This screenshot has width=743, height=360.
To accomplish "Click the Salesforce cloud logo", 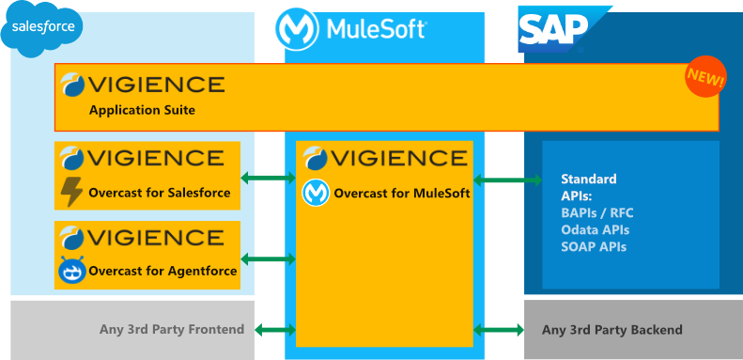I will (x=42, y=28).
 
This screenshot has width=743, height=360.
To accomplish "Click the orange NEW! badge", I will (x=704, y=80).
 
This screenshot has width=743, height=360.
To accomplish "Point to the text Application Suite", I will (x=142, y=110).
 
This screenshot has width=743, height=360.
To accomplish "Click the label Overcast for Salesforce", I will (x=159, y=193).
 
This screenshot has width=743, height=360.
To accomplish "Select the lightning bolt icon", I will (x=71, y=192).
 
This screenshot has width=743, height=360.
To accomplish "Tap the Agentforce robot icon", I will (x=71, y=273).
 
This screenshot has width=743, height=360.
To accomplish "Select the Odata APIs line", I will (x=595, y=229).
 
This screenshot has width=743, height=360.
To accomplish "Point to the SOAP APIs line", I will (x=593, y=246).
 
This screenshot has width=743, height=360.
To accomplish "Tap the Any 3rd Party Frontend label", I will (x=172, y=329).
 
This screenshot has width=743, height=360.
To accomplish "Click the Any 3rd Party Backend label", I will (x=611, y=330).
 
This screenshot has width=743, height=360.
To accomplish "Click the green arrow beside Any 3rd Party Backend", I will (x=500, y=329).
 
